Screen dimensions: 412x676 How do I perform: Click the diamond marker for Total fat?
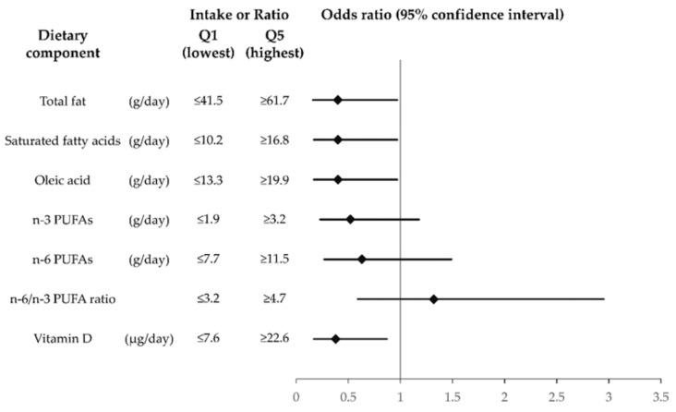[337, 100]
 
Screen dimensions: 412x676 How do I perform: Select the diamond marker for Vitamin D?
[335, 339]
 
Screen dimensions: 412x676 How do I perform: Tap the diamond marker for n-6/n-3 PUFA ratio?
[433, 299]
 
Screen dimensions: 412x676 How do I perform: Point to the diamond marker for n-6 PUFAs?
[362, 259]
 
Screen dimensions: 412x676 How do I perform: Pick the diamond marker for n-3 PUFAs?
[350, 219]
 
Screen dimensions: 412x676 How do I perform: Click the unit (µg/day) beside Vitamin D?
[149, 339]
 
